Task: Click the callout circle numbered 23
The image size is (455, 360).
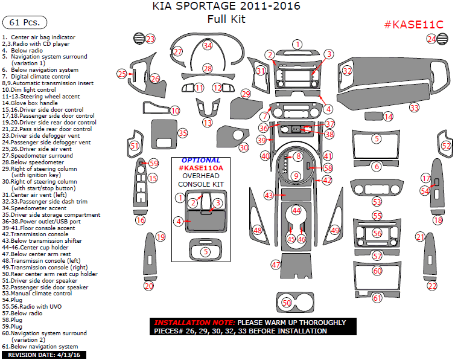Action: click(150, 39)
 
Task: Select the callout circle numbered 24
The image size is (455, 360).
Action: click(431, 39)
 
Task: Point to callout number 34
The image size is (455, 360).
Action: click(208, 45)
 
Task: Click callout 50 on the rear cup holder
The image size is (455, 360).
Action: click(287, 302)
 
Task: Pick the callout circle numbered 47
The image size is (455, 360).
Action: click(276, 265)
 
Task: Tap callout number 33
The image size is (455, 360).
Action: click(414, 108)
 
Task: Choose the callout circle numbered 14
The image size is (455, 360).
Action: click(388, 116)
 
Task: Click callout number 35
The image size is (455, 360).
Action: click(182, 133)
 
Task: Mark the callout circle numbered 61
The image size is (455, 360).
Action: click(377, 298)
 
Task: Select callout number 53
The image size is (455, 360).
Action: click(377, 202)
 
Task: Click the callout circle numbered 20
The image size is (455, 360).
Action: click(148, 286)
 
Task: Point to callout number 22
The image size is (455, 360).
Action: click(432, 286)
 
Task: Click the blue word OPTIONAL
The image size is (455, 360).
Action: click(200, 161)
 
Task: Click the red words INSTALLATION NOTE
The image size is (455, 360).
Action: click(194, 323)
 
